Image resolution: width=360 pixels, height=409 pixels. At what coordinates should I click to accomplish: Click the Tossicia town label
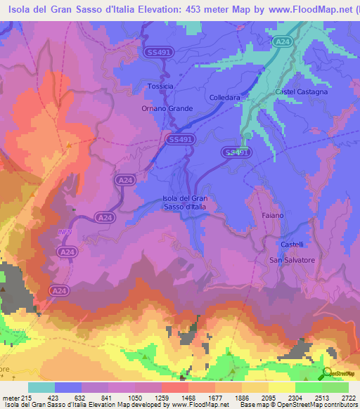click(x=160, y=86)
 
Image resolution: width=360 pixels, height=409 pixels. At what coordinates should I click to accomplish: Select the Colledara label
click(x=226, y=98)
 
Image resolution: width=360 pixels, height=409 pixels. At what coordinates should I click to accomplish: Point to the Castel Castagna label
click(x=301, y=92)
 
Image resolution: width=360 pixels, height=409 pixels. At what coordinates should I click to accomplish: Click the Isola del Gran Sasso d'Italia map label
click(x=185, y=202)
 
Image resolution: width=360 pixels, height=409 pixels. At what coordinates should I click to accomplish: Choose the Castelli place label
click(x=292, y=245)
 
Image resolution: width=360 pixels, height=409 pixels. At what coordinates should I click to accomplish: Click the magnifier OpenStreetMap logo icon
click(x=328, y=375)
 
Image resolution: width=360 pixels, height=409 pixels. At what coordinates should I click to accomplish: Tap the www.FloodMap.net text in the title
click(x=296, y=8)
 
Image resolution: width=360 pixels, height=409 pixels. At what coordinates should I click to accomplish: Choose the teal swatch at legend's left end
click(x=41, y=387)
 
